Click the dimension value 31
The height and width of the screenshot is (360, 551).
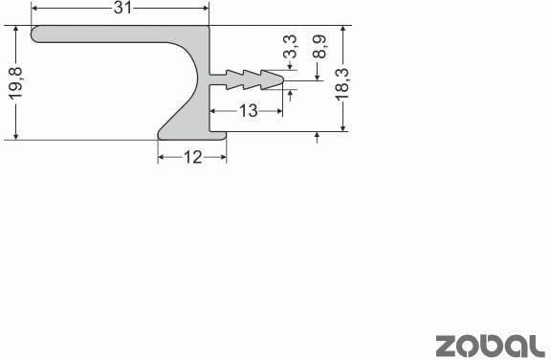click(122, 9)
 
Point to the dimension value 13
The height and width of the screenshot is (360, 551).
click(248, 111)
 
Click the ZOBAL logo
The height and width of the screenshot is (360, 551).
click(491, 345)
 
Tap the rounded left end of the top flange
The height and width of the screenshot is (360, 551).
click(37, 34)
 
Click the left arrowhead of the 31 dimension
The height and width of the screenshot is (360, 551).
click(37, 9)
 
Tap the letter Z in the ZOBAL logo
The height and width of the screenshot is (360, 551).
click(447, 345)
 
